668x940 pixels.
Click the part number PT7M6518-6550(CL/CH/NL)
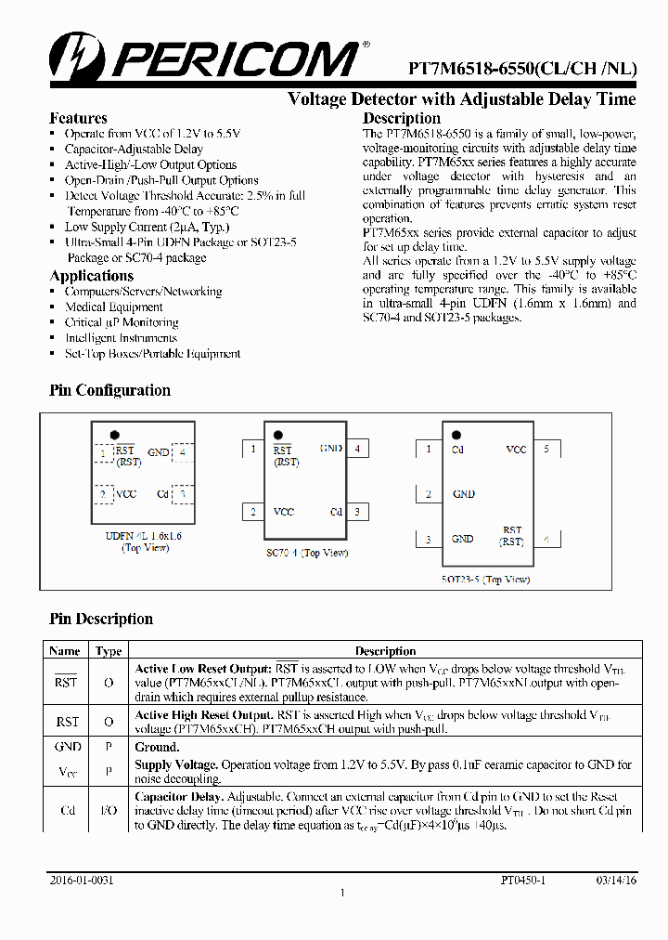(x=522, y=69)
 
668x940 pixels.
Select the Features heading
(x=78, y=118)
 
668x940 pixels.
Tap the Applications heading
(x=91, y=276)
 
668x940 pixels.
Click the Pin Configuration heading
(x=109, y=390)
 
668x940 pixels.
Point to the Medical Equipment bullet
(x=113, y=307)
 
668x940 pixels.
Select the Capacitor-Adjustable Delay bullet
(x=134, y=149)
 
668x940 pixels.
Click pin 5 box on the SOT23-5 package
(x=546, y=450)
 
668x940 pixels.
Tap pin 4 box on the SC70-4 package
(x=356, y=449)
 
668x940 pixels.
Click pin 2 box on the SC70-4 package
(x=252, y=512)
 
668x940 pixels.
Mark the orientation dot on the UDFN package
(x=114, y=434)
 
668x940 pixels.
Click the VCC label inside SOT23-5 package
(x=516, y=450)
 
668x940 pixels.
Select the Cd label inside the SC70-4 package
(x=336, y=512)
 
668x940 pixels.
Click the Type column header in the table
(x=109, y=651)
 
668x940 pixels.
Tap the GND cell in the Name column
(x=68, y=747)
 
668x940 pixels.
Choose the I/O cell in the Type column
(x=109, y=811)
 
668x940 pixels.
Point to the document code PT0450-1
(x=523, y=879)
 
